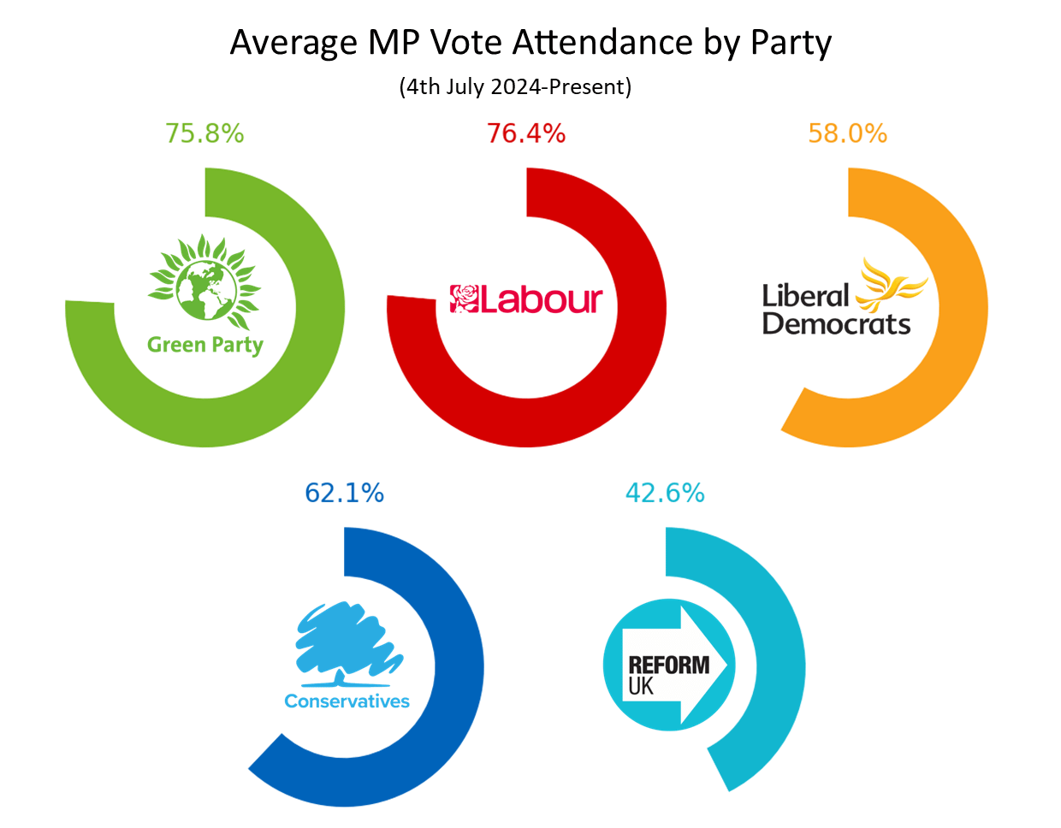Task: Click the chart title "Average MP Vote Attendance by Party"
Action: point(530,43)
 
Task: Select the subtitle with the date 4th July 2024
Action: point(515,86)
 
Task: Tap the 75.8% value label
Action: point(204,133)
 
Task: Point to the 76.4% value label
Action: point(526,133)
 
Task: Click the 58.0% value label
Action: point(848,133)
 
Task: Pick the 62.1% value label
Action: point(345,493)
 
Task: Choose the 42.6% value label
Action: point(666,493)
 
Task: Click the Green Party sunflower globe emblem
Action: point(205,282)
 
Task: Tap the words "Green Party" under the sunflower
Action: point(204,345)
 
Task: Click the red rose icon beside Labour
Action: point(465,299)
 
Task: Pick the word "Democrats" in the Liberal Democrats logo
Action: point(836,324)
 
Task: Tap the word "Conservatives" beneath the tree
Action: point(347,701)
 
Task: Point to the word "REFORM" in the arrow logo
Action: point(668,665)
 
